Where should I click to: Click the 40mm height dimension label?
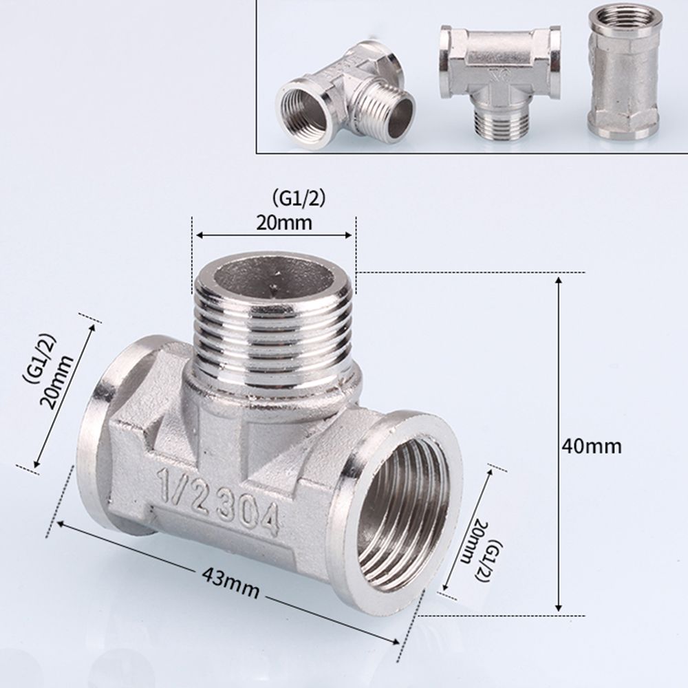[591, 446]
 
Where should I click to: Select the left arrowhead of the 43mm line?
[63, 524]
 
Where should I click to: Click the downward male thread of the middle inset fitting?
[500, 124]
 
